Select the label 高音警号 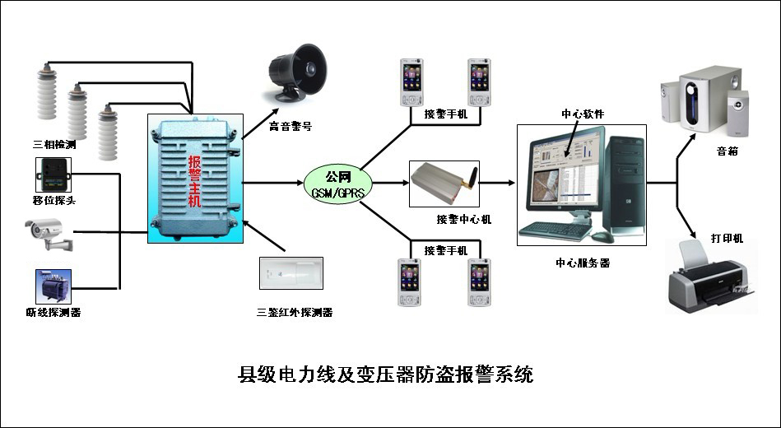291,127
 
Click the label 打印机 727,238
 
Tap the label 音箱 727,151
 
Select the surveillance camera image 50,233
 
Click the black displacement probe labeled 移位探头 53,174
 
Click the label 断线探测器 53,312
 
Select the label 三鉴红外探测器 294,313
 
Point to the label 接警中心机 464,219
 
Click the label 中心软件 583,114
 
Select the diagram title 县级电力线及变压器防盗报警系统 386,375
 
